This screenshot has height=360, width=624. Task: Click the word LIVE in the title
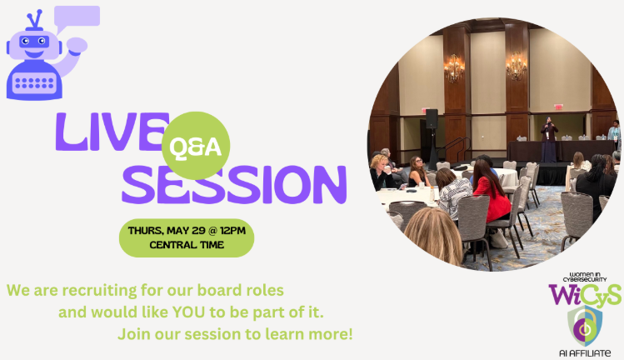click(x=112, y=132)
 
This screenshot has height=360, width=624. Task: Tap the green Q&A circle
click(x=196, y=146)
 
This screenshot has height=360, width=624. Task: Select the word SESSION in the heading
click(x=234, y=185)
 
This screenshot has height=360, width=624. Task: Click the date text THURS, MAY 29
click(x=167, y=231)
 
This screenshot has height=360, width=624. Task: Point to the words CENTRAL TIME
click(x=187, y=245)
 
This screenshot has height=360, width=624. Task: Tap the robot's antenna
click(x=35, y=20)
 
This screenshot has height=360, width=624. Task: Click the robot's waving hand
click(x=77, y=45)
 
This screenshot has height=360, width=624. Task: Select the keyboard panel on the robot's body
click(x=34, y=83)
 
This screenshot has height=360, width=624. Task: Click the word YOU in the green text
click(x=188, y=312)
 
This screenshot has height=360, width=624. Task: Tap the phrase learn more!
click(x=309, y=334)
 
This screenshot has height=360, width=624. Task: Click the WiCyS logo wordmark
click(x=585, y=295)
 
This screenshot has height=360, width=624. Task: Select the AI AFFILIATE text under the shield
click(x=585, y=353)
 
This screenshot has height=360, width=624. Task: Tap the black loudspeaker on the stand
click(x=432, y=118)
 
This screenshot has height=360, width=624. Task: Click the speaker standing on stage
click(x=548, y=140)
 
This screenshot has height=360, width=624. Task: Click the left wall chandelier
click(x=454, y=68)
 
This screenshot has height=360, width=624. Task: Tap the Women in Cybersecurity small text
click(x=585, y=277)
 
